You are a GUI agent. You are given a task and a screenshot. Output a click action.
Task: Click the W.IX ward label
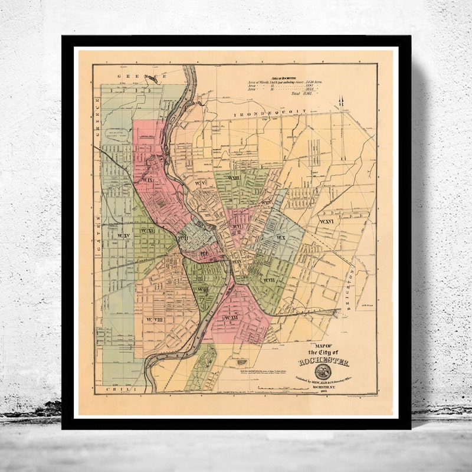[x=146, y=179]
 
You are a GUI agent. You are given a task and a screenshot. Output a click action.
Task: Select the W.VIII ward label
[x=155, y=319]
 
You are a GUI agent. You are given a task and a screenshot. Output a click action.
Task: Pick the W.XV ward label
[x=123, y=236]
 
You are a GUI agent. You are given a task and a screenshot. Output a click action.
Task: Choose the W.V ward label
[x=201, y=183]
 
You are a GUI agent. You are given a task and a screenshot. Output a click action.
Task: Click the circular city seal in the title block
[x=323, y=372]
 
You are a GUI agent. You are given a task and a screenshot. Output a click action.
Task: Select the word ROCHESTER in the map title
[x=323, y=362]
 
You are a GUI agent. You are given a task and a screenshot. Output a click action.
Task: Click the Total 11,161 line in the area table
[x=300, y=94]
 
